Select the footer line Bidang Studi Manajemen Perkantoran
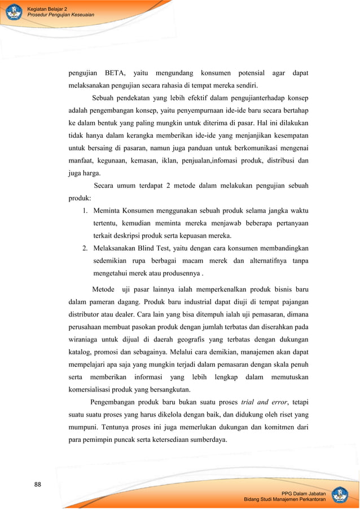coord(284,500)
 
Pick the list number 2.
coord(85,248)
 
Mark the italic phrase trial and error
coord(264,402)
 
